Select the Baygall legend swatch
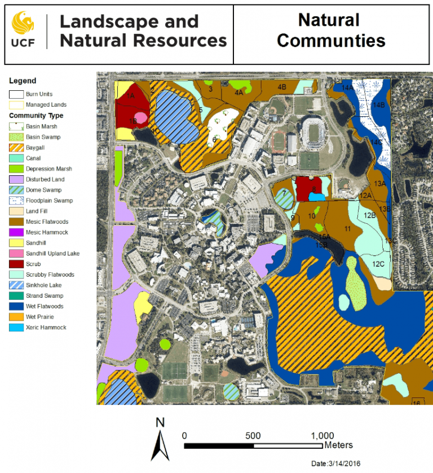pos(16,147)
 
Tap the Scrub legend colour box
pos(16,264)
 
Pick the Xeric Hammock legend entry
pos(16,328)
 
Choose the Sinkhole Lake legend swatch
pos(16,285)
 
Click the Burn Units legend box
pos(16,94)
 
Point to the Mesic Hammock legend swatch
pos(16,232)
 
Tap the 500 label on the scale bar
pos(253,436)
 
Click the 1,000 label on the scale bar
pos(322,436)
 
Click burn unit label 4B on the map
pos(282,87)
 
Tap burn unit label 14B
pos(379,105)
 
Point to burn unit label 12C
pos(378,264)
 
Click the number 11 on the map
pos(347,228)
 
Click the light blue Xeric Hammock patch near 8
pos(316,197)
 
